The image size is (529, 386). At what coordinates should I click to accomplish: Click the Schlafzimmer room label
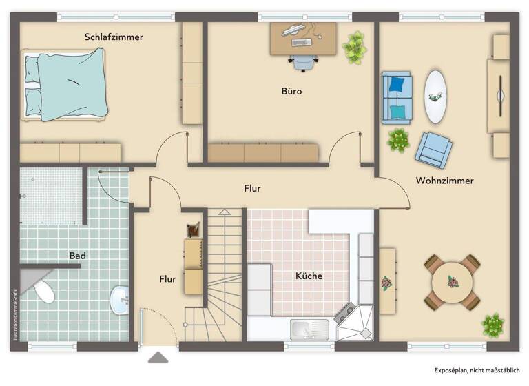click(x=114, y=37)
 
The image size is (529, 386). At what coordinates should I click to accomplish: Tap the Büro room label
click(x=291, y=91)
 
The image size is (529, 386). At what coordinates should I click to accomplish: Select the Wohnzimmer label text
click(x=444, y=181)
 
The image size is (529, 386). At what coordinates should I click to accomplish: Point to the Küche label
click(x=309, y=276)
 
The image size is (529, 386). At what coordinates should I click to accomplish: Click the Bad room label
click(x=77, y=256)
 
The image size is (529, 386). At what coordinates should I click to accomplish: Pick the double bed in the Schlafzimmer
click(x=65, y=85)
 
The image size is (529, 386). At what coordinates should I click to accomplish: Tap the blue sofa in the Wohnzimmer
click(x=397, y=99)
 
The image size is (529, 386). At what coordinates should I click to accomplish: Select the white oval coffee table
click(x=435, y=96)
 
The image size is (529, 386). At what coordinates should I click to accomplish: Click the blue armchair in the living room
click(x=434, y=149)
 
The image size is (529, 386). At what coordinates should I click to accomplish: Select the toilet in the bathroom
click(x=43, y=292)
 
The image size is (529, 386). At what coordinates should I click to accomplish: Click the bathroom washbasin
click(x=120, y=300)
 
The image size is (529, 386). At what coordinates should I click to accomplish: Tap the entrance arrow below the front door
click(x=158, y=357)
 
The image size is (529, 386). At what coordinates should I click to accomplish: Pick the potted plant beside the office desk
click(x=354, y=46)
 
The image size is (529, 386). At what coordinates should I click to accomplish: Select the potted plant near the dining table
click(x=492, y=324)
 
